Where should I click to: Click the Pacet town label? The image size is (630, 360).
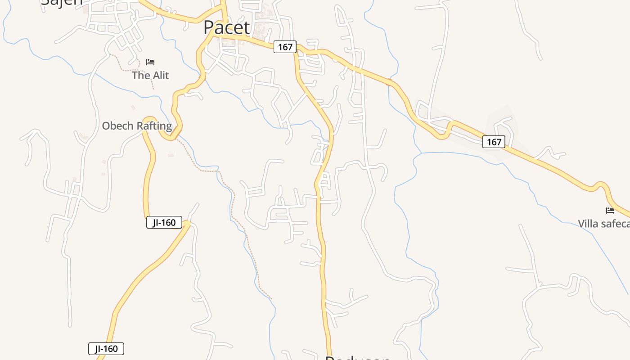point(226,27)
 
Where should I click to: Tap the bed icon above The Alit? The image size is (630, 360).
point(150,62)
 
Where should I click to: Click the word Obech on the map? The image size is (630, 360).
point(118,126)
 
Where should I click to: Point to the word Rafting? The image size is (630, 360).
point(154,126)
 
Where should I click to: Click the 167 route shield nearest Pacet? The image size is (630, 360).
point(285,47)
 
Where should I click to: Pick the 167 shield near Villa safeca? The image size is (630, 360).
point(494,142)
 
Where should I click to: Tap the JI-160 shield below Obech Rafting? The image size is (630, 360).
point(164,222)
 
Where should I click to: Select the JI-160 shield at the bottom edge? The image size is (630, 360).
point(106,349)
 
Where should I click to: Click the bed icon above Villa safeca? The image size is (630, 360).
point(610,210)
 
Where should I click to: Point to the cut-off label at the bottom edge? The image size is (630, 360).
point(358,358)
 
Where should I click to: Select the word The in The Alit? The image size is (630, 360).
point(140,75)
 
